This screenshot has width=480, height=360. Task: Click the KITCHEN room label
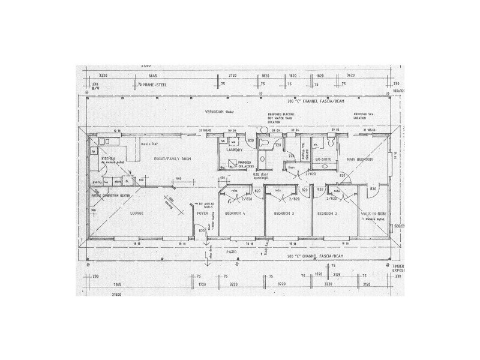pyautogui.click(x=109, y=158)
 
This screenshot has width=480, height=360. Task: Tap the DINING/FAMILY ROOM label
pyautogui.click(x=155, y=158)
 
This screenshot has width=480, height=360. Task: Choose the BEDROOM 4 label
pyautogui.click(x=236, y=214)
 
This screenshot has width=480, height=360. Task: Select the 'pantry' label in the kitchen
pyautogui.click(x=96, y=181)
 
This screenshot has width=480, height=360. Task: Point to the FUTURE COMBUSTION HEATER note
pyautogui.click(x=110, y=196)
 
